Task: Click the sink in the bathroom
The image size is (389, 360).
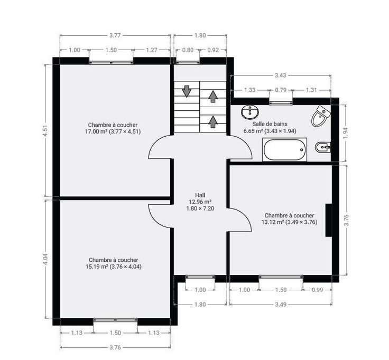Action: coord(250,112)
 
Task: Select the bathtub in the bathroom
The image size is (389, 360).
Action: coord(284,150)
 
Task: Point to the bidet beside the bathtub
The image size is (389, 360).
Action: coord(323,148)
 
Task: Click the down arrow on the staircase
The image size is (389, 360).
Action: coord(187,91)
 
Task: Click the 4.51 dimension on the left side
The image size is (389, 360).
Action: coord(45,130)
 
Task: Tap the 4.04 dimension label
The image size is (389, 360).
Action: coord(45,259)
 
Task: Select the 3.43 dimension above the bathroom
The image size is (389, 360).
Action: coord(280,75)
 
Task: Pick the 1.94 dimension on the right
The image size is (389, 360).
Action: coord(346,134)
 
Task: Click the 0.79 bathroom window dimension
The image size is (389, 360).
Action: coord(281,90)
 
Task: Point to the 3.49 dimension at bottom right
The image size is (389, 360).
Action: coord(281,304)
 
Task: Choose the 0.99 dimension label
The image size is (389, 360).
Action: coord(317,290)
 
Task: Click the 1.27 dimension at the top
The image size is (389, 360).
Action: coord(151,50)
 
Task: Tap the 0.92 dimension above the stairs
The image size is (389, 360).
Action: coord(213,50)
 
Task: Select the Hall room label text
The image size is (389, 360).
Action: coord(200,195)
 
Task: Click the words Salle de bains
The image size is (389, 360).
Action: coord(270,124)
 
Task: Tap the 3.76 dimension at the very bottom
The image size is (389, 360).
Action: coord(115,347)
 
